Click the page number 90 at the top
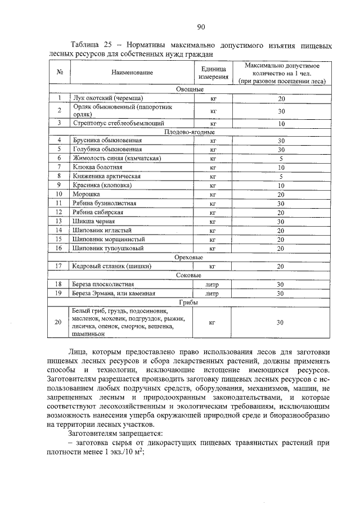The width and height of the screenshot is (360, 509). (x=200, y=26)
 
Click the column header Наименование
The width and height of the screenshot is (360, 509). (x=132, y=73)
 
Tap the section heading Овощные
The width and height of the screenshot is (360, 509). (x=190, y=89)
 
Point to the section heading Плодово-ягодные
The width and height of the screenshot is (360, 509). (x=190, y=132)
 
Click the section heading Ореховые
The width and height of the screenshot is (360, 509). (x=190, y=256)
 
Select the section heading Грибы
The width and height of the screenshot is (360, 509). (x=190, y=302)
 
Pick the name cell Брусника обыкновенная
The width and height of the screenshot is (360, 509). (x=106, y=141)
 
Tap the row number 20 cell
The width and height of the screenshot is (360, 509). (x=58, y=323)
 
